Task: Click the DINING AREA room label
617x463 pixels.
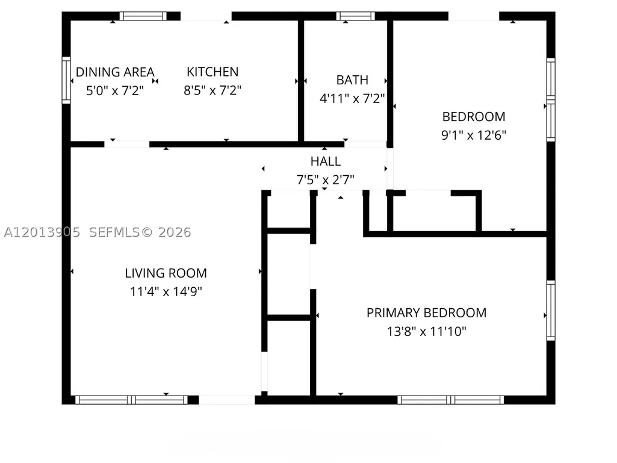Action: tap(115, 72)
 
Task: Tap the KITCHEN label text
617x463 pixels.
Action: tap(212, 72)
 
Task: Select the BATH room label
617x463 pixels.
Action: tap(352, 80)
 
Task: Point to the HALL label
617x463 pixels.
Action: tap(326, 161)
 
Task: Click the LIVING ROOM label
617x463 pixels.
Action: tap(166, 273)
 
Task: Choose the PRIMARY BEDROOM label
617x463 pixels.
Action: tap(427, 313)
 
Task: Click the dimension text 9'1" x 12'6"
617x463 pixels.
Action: tap(474, 135)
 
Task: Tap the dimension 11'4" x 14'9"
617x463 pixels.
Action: tap(166, 292)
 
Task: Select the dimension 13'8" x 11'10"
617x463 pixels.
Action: tap(427, 332)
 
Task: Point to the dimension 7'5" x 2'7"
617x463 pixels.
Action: tap(326, 180)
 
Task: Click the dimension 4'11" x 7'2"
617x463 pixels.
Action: tap(352, 98)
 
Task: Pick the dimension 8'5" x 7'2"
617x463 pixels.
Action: tap(212, 90)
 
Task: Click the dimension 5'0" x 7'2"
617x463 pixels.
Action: tap(115, 90)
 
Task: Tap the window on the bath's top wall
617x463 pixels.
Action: tap(355, 16)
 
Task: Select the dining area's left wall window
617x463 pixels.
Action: tap(66, 81)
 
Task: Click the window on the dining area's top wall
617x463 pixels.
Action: tap(143, 16)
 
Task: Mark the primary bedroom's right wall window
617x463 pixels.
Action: tap(551, 311)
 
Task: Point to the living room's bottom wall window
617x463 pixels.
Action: tap(131, 400)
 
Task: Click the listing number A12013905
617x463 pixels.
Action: tap(42, 232)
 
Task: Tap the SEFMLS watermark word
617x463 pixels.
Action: tap(114, 232)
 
